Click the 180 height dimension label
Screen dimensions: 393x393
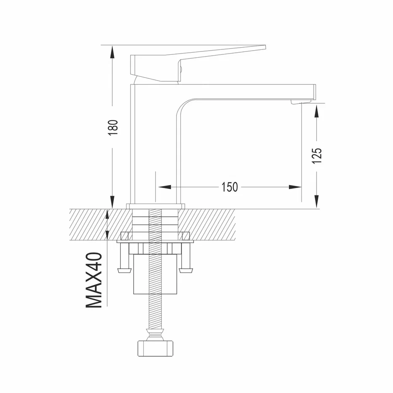113,128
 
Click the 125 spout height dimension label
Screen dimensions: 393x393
317,156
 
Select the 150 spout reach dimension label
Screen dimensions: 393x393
229,187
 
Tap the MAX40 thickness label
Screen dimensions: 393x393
94,280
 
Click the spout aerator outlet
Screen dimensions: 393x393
301,101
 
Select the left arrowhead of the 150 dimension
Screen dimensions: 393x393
164,187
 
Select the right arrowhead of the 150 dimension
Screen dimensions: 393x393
295,187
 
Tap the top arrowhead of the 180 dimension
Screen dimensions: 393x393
112,52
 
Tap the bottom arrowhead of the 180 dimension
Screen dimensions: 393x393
112,202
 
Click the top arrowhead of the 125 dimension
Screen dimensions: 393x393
317,111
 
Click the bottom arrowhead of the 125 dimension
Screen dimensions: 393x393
317,202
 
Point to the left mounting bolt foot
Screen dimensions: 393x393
124,270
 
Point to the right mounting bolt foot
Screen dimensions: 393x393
186,270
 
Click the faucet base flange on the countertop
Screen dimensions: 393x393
156,206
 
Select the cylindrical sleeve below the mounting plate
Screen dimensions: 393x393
156,274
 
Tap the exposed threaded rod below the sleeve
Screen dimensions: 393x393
155,311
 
